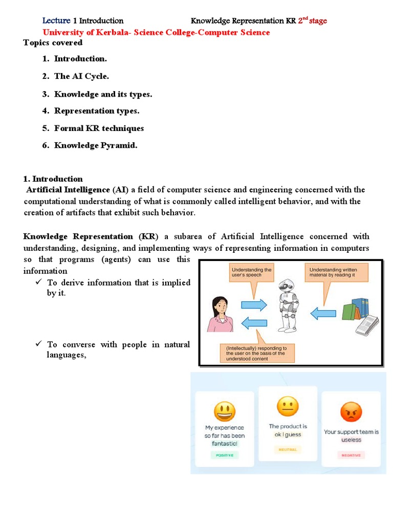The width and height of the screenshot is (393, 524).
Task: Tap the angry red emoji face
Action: [351, 411]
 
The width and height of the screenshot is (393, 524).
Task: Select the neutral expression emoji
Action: [287, 407]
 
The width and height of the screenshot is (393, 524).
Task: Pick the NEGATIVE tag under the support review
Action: [351, 454]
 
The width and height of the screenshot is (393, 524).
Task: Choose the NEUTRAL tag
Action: [287, 449]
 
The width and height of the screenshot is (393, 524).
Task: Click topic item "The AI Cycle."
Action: [81, 76]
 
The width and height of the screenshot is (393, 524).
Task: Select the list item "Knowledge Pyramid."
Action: [96, 146]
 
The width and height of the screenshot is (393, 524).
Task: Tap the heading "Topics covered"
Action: [53, 42]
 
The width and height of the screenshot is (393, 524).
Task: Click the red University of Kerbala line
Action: [156, 32]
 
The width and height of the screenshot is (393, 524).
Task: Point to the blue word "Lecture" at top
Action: [56, 21]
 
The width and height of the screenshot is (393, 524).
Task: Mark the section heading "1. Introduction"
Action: [53, 179]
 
